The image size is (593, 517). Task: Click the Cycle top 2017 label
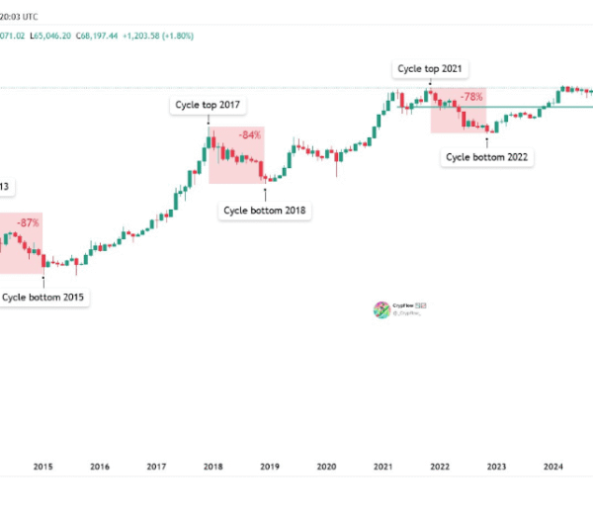click(208, 105)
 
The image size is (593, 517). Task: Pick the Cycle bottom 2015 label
click(42, 297)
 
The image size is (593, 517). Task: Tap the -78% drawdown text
click(471, 97)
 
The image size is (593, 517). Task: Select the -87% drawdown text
click(28, 223)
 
